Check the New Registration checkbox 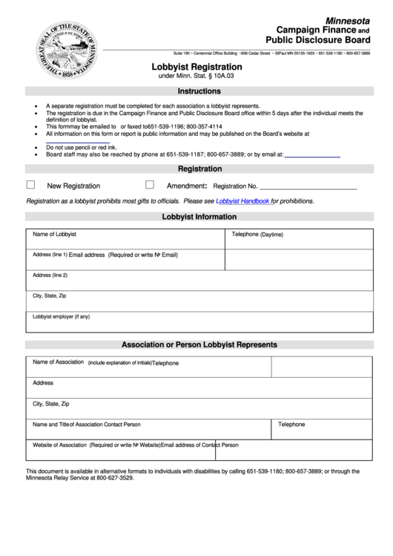[31, 185]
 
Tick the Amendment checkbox [150, 185]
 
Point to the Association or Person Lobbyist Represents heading [199, 344]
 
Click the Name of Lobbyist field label [55, 235]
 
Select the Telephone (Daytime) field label [257, 235]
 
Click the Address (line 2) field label [50, 275]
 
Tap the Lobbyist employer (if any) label [62, 317]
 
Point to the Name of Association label [59, 362]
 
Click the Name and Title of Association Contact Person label [87, 425]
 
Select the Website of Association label [60, 445]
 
